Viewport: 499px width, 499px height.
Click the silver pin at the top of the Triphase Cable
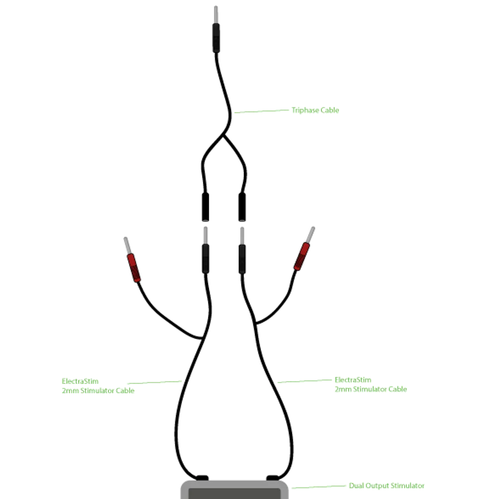pyautogui.click(x=216, y=14)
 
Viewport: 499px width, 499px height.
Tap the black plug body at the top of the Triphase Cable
pyautogui.click(x=216, y=37)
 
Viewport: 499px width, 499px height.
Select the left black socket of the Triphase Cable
pyautogui.click(x=206, y=207)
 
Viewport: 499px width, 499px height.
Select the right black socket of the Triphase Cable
pyautogui.click(x=242, y=207)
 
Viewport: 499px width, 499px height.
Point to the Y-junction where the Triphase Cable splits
pyautogui.click(x=224, y=136)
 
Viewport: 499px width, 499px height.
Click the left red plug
pyautogui.click(x=134, y=268)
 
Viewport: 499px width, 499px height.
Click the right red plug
pyautogui.click(x=301, y=256)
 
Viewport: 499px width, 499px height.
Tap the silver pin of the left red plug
pyautogui.click(x=128, y=245)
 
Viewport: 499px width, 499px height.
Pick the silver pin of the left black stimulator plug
pyautogui.click(x=206, y=236)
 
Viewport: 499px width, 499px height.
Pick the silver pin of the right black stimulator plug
pyautogui.click(x=242, y=236)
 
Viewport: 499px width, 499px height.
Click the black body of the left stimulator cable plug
pyautogui.click(x=206, y=259)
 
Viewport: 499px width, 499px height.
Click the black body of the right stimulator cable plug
pyautogui.click(x=242, y=259)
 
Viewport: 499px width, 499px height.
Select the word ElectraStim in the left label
pyautogui.click(x=80, y=381)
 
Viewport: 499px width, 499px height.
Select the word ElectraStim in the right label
pyautogui.click(x=353, y=380)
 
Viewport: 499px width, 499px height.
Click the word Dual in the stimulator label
pyautogui.click(x=356, y=486)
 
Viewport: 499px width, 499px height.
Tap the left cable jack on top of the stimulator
pyautogui.click(x=202, y=478)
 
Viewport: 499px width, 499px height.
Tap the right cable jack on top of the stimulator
pyautogui.click(x=273, y=478)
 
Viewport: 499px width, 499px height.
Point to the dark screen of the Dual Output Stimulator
pyautogui.click(x=235, y=493)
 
